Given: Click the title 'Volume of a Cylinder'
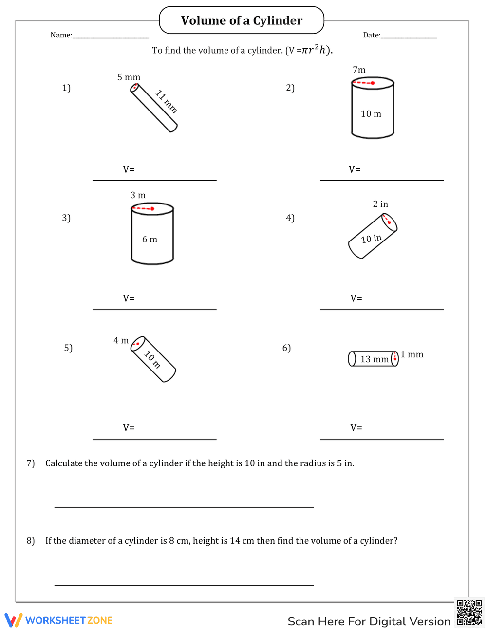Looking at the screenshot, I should [242, 20].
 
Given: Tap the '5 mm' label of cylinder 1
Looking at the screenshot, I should [129, 77].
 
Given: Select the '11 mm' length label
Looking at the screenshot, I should [166, 101].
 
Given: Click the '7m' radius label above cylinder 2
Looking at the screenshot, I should [359, 70].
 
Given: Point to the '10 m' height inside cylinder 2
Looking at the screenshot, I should [371, 114].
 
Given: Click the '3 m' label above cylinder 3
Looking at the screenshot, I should [138, 195].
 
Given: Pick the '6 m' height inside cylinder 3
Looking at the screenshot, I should [150, 240].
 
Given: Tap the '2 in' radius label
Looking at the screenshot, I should [380, 204].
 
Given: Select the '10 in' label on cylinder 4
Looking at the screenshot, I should [371, 239].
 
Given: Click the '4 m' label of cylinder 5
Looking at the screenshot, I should [121, 340].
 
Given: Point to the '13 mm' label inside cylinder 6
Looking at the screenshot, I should [374, 359].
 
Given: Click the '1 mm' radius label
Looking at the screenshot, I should [412, 354].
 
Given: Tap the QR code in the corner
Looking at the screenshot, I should [469, 612].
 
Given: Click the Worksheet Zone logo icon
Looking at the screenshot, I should [13, 620].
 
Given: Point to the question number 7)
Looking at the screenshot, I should [31, 463].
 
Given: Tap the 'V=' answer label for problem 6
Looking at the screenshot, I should [356, 427].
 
